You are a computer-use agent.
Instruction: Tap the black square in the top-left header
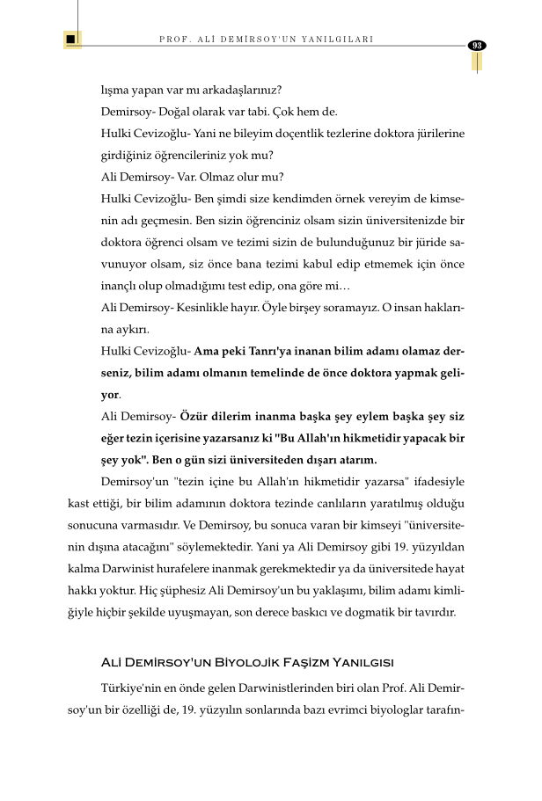tap(71, 40)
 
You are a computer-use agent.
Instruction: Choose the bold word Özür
tap(198, 416)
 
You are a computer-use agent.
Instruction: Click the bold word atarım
tap(355, 459)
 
